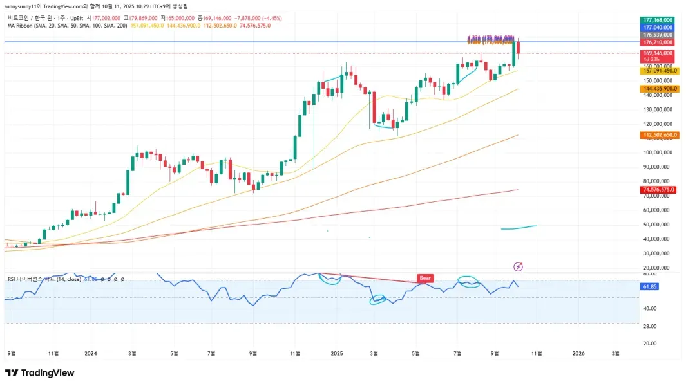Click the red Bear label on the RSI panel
[424, 279]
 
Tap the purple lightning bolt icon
[519, 266]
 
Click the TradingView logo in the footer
[40, 373]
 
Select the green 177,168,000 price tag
[657, 20]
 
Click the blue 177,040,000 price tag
[657, 28]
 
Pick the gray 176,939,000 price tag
[657, 35]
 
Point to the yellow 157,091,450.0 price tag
[657, 71]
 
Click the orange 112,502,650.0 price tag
[657, 134]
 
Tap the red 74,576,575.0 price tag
[657, 190]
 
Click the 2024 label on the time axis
[91, 353]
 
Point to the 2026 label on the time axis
[578, 353]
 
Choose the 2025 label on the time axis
[337, 353]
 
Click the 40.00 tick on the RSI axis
[649, 308]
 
